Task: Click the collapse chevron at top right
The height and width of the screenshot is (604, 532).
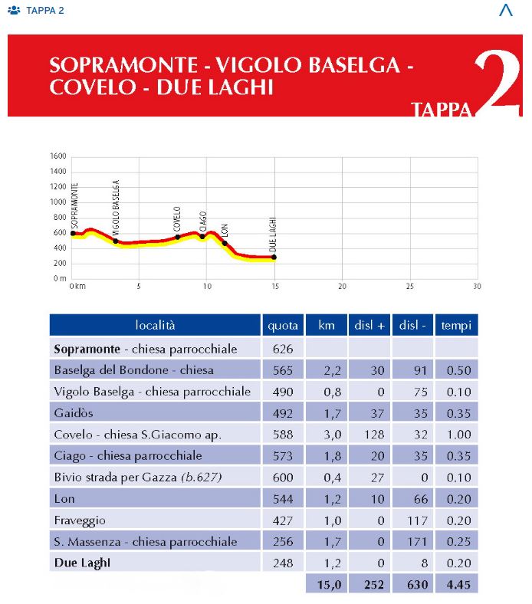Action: point(505,10)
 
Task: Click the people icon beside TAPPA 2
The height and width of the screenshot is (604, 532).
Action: point(15,11)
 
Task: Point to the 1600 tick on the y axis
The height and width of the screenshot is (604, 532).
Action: point(58,156)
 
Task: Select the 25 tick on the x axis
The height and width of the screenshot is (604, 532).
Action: point(409,286)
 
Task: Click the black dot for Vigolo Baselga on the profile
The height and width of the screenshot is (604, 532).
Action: point(116,241)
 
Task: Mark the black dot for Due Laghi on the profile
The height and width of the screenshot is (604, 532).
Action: point(274,258)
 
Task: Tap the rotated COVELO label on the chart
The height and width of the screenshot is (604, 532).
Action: point(177,218)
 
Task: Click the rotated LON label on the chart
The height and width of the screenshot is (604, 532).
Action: point(225,230)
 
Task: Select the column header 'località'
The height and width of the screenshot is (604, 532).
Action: point(155,325)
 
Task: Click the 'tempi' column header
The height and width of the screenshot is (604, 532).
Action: point(456,325)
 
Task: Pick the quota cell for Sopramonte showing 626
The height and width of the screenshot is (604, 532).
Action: point(283,349)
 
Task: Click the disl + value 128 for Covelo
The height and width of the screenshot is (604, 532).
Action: point(370,435)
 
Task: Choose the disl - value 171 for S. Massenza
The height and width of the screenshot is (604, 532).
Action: point(413,542)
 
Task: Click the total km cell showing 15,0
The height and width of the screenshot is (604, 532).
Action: point(327,585)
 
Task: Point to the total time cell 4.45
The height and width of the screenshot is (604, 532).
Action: point(456,585)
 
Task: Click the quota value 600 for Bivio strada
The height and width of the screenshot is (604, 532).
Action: point(283,478)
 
